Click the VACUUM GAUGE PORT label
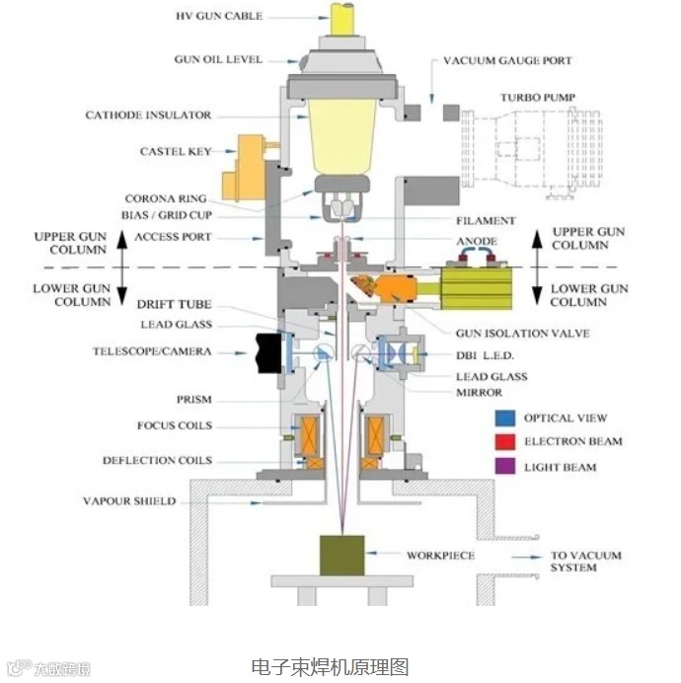(507, 60)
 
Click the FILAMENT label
(486, 221)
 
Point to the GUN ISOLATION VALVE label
(523, 333)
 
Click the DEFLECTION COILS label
(157, 461)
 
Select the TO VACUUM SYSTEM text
(586, 562)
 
